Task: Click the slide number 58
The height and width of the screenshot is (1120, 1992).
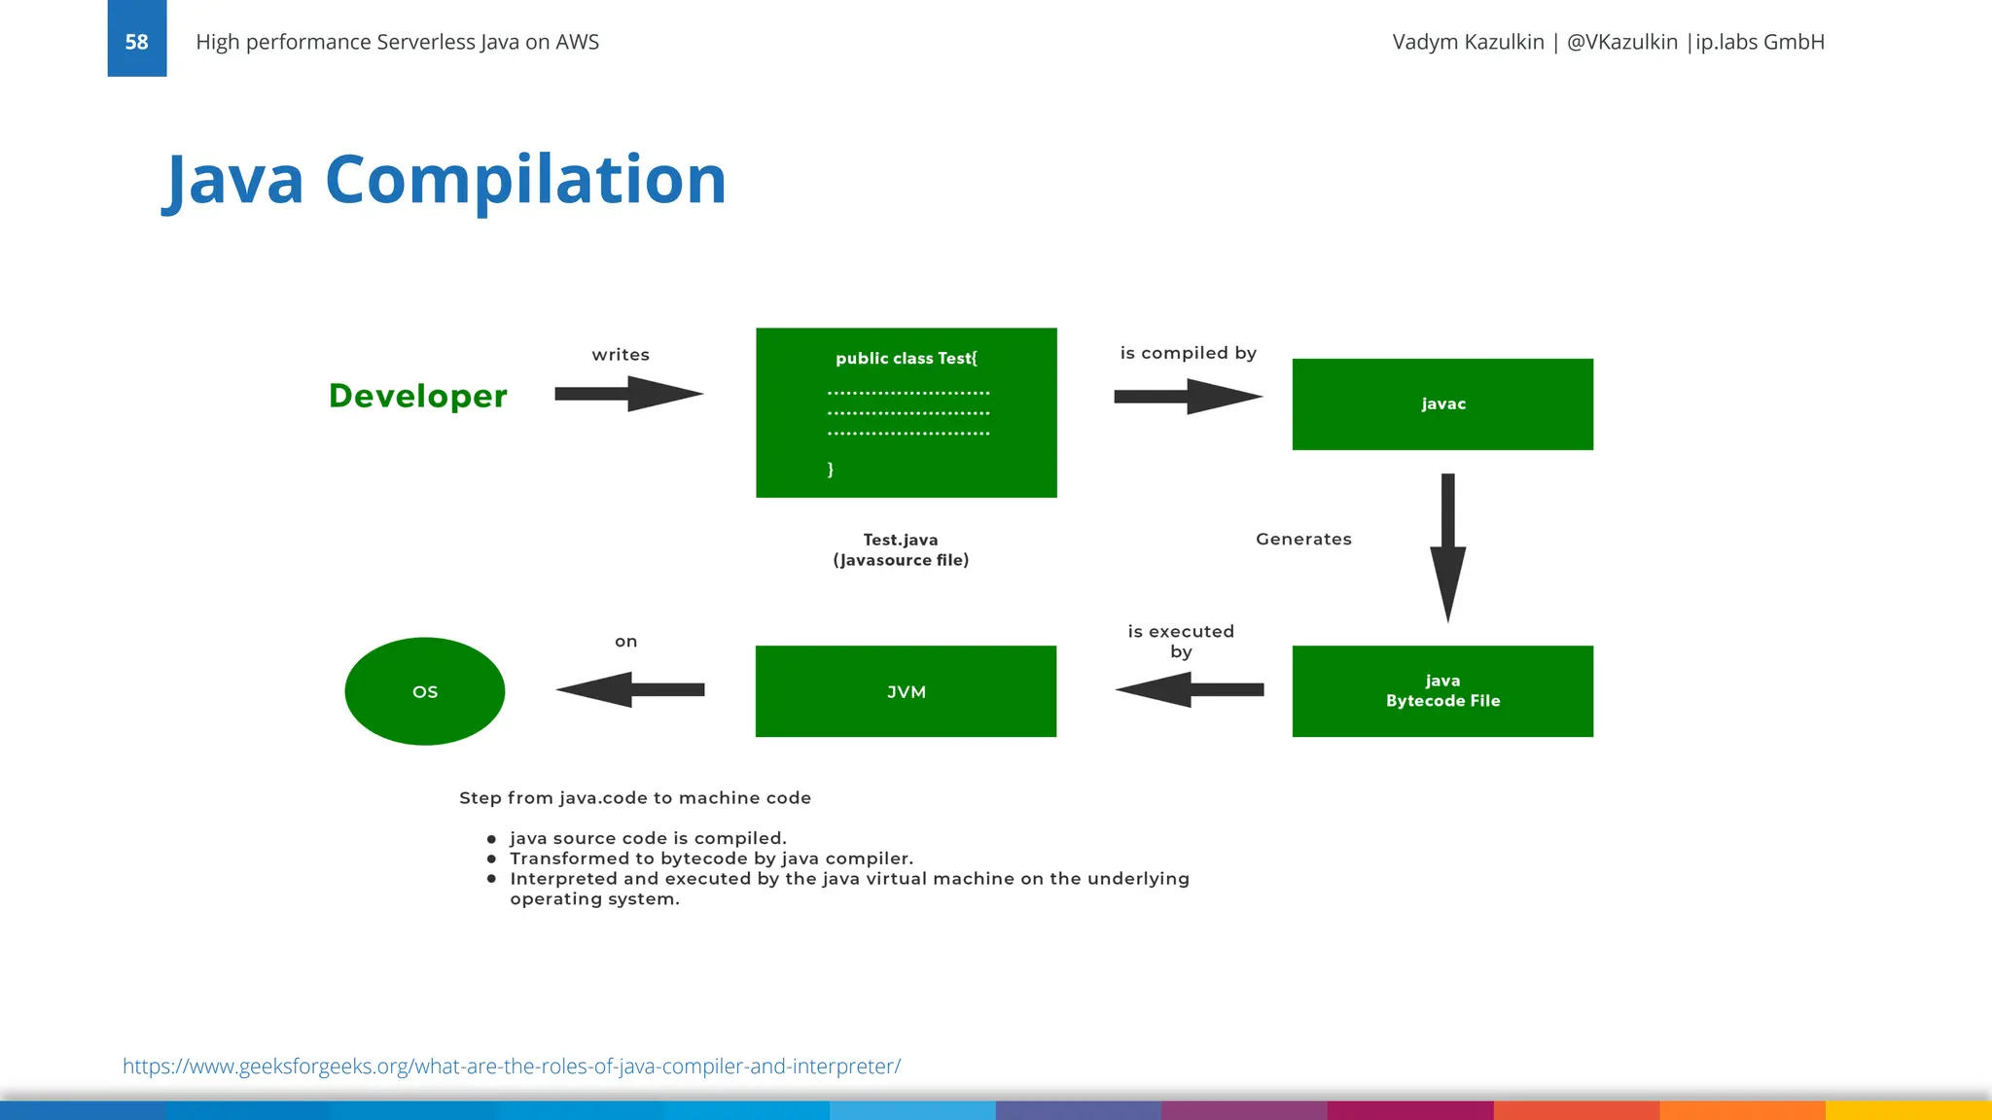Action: coord(136,42)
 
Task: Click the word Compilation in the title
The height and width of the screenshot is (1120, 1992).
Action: coord(525,180)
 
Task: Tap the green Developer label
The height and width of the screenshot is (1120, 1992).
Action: coord(417,396)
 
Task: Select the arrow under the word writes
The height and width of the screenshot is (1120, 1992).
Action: coord(627,394)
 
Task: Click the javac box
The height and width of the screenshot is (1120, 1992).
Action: coord(1442,404)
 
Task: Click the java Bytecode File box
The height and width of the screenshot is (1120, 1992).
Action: coord(1442,691)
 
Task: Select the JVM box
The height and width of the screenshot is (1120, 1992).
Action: coord(906,691)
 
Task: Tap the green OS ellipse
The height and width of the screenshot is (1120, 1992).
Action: coord(425,691)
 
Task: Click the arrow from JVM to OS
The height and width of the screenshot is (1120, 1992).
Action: coord(629,689)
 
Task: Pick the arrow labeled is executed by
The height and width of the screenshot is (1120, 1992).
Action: coord(1189,689)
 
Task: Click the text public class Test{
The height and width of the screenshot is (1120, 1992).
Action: coord(906,359)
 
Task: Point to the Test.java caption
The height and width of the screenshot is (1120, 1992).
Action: coord(901,540)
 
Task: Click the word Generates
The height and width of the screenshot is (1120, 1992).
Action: coord(1303,540)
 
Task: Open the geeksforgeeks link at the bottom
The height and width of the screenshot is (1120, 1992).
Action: coord(512,1067)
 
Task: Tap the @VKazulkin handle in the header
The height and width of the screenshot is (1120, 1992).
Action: coord(1621,42)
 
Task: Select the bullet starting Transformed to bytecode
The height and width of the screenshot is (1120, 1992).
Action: coord(711,858)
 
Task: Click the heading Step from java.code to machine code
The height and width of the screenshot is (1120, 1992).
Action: coord(635,798)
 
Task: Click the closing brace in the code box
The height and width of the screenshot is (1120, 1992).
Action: coord(830,470)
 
